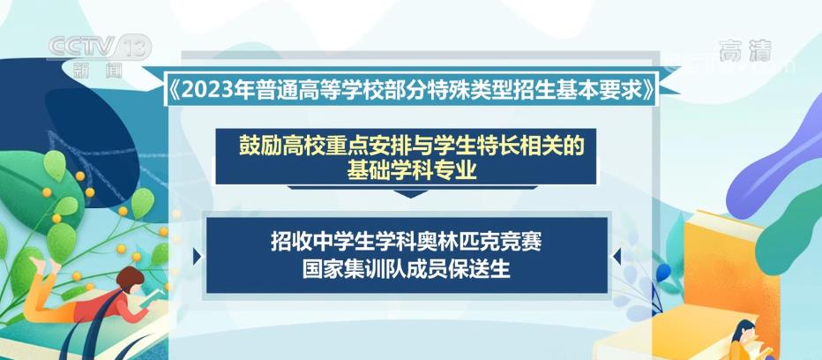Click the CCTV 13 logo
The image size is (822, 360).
100,48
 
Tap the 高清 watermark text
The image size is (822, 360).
745,51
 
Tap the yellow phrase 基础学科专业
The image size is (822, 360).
412,170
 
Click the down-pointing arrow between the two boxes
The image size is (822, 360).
411,193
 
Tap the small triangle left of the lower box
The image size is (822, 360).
197,256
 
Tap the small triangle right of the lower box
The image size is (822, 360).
616,256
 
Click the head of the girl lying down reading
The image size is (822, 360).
130,279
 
